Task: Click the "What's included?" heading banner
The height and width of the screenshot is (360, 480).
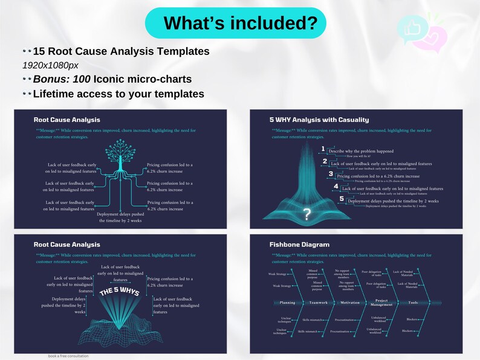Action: click(236, 23)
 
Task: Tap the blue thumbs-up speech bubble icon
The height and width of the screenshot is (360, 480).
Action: click(410, 27)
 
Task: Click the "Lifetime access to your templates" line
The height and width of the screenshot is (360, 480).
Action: click(118, 94)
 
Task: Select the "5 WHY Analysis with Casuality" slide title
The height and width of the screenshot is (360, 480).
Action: click(319, 120)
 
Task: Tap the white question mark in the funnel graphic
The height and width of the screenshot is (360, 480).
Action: click(307, 213)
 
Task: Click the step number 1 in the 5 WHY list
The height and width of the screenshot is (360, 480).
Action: click(323, 149)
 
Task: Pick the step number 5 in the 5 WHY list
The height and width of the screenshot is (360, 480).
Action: click(342, 198)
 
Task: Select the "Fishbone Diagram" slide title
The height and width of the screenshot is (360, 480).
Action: click(299, 245)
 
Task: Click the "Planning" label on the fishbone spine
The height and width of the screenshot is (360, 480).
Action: click(288, 302)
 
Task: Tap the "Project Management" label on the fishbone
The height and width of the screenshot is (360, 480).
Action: click(380, 302)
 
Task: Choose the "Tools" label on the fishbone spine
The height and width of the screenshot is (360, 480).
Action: click(413, 302)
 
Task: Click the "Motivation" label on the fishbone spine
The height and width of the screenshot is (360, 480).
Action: click(349, 302)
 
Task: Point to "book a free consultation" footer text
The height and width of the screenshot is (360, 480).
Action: click(68, 356)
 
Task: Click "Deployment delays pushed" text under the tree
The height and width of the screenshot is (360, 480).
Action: click(120, 214)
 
